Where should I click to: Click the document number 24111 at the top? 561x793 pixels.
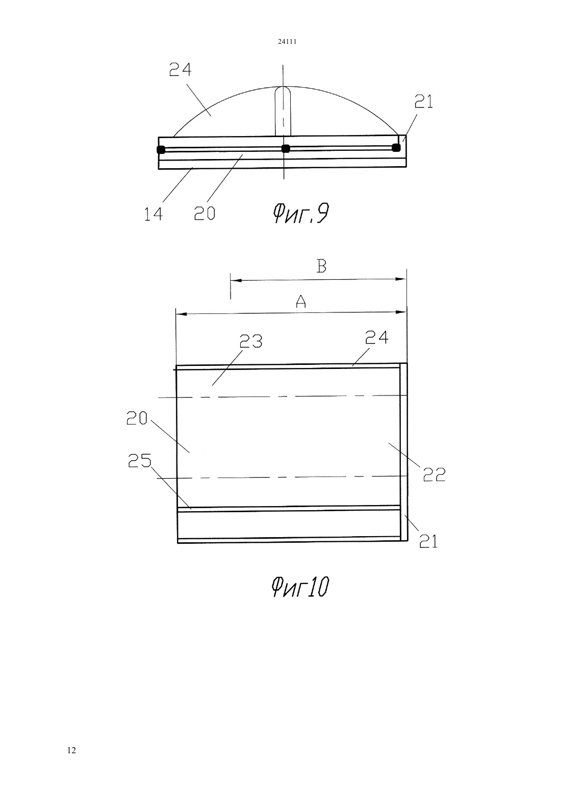pos(287,41)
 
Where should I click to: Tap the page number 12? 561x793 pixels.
pos(71,750)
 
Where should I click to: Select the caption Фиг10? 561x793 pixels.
pos(300,587)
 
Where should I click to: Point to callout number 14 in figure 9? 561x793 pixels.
pos(154,214)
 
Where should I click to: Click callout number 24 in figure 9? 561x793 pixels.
pos(180,69)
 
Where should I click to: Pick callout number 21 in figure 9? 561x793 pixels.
pos(424,102)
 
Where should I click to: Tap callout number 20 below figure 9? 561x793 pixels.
pos(205,214)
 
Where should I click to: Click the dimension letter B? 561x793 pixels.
pos(321,266)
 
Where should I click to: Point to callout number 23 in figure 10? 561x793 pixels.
pos(251,341)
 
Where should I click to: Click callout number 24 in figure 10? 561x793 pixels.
pos(377,337)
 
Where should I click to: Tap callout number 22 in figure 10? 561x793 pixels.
pos(434,475)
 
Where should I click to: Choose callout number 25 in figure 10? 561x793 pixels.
pos(140,461)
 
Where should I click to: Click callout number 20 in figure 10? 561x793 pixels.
pos(137,418)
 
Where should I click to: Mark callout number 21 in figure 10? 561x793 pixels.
pos(428,541)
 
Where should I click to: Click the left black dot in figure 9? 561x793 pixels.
pos(161,150)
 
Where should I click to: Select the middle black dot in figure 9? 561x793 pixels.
pos(286,149)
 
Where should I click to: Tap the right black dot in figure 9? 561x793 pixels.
pos(396,147)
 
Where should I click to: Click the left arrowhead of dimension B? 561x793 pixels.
pos(236,280)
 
